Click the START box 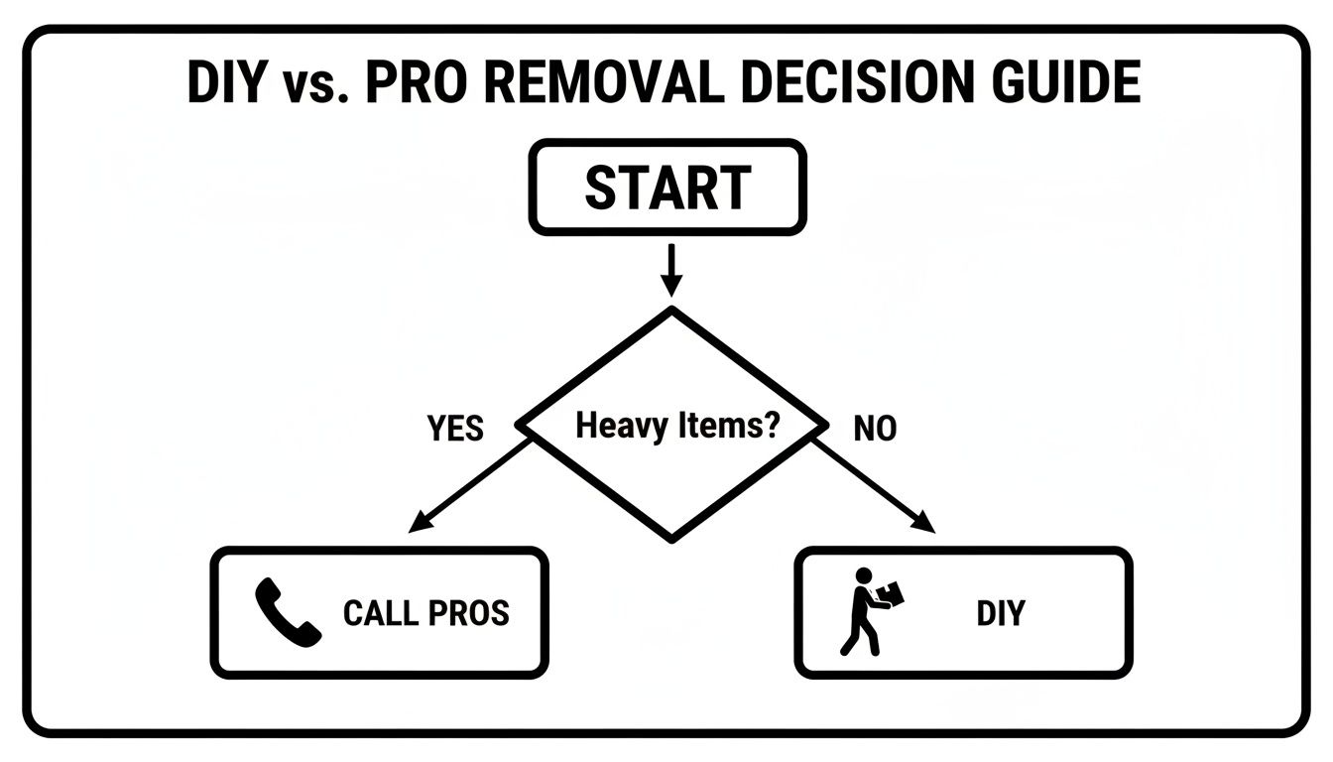666,188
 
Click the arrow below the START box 671,270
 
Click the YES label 455,429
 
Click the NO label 875,429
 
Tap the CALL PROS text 425,613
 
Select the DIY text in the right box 1000,613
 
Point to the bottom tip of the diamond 672,539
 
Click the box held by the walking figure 891,593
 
